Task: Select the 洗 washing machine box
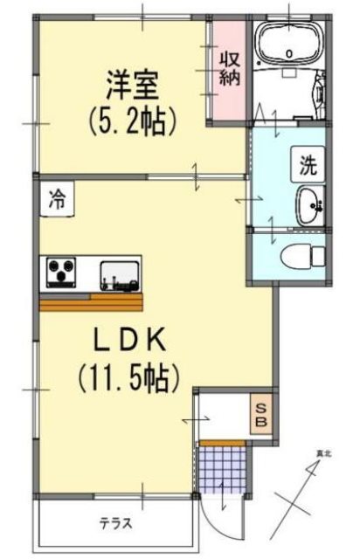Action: (x=308, y=162)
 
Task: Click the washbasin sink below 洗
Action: (x=309, y=205)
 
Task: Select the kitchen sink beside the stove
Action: (x=119, y=274)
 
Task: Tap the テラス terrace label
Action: (x=115, y=525)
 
